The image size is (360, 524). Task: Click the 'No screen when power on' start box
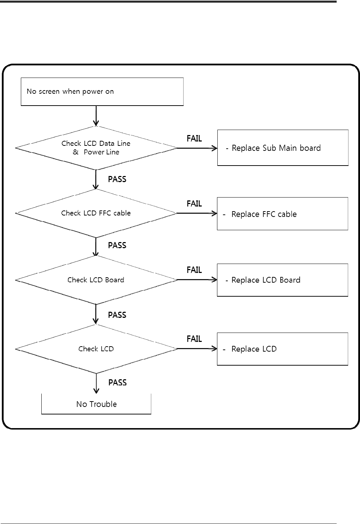102,92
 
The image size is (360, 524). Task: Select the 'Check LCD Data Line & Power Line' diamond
96,148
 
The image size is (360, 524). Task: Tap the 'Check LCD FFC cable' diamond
96,213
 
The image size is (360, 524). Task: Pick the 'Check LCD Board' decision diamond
96,280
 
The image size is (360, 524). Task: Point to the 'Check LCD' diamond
96,349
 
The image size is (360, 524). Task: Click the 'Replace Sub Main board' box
283,148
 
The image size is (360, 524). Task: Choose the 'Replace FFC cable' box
282,214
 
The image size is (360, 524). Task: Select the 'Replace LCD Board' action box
282,280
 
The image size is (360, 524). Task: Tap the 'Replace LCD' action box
282,349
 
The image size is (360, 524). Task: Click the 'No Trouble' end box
96,404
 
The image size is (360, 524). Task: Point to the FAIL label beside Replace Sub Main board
194,139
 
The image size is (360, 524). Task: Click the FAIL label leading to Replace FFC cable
194,204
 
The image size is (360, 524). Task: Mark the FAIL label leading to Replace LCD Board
194,270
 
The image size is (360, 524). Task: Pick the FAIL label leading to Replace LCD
194,339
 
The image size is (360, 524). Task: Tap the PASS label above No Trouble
117,382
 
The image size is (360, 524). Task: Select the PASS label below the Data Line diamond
117,179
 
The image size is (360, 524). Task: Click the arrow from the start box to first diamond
96,116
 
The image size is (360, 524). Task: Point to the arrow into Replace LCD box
197,349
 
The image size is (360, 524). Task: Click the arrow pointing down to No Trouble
96,384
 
